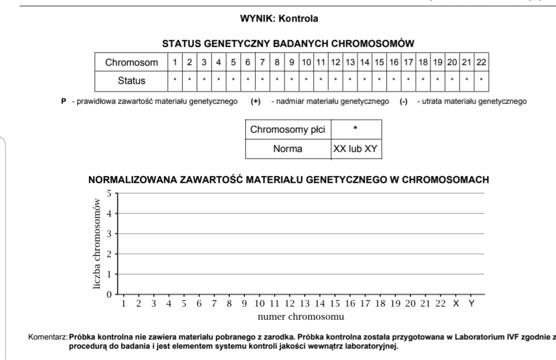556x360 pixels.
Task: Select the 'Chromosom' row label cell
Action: point(132,63)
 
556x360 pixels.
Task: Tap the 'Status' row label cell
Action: point(132,81)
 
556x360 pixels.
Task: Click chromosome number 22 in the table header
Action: point(481,63)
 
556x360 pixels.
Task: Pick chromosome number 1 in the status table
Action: point(175,63)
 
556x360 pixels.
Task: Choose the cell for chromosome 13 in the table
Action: point(350,63)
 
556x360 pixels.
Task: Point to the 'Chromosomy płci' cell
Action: point(288,130)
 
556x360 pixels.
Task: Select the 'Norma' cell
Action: point(288,148)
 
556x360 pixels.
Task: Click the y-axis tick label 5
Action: point(109,193)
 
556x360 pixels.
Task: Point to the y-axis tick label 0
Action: point(109,294)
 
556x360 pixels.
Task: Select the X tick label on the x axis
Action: point(456,304)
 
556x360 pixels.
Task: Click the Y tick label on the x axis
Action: point(471,304)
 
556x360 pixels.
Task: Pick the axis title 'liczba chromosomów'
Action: point(97,244)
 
